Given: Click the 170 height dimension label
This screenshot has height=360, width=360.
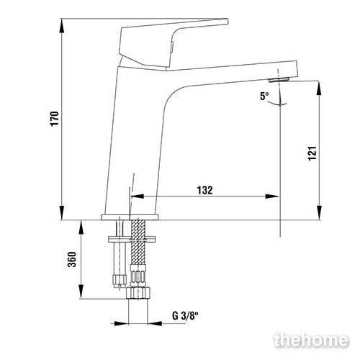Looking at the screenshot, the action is point(55,118).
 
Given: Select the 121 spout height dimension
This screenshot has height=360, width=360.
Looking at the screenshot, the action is point(312,153).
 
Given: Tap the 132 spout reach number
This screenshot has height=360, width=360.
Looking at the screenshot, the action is point(204,190).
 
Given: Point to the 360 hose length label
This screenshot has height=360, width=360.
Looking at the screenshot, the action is point(72,259).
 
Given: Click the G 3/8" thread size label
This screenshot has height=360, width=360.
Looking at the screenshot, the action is point(185,315).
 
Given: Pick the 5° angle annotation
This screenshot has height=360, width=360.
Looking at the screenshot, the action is point(264,96).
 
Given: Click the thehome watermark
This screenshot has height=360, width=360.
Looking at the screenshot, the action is point(311,340).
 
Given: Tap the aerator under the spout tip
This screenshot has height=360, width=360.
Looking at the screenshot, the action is point(279,80).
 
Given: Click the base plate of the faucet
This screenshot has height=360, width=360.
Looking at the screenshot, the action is point(130,217).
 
